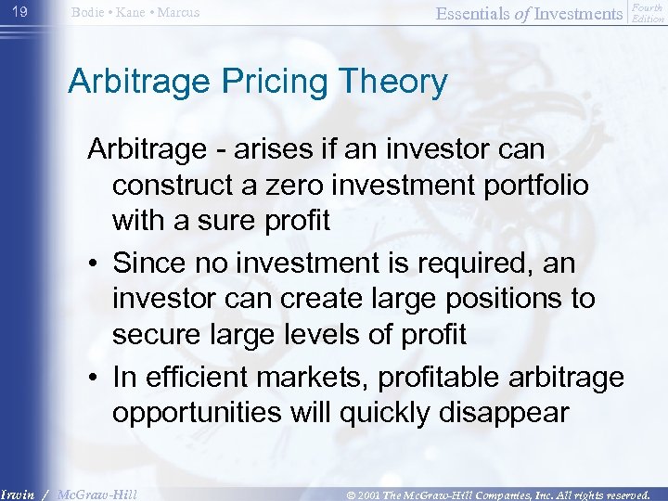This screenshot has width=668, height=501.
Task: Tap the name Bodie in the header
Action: point(86,13)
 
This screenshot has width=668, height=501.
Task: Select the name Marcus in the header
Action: point(177,13)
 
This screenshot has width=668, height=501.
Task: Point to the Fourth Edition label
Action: point(648,13)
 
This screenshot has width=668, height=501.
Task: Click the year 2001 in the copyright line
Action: point(367,495)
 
